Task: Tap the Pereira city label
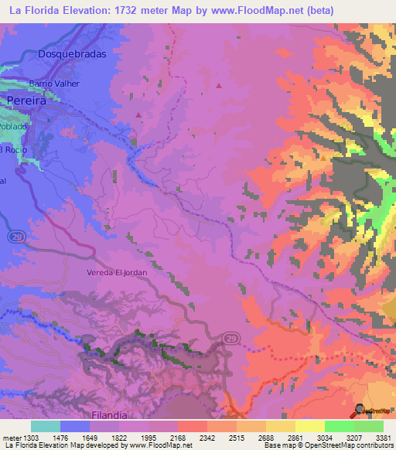[x=27, y=101]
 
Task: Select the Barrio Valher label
[x=55, y=84]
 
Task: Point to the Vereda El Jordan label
[x=116, y=273]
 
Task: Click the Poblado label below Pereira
[x=13, y=125]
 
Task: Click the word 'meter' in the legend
[x=9, y=438]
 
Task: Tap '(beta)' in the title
[x=370, y=11]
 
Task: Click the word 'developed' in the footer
[x=111, y=445]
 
